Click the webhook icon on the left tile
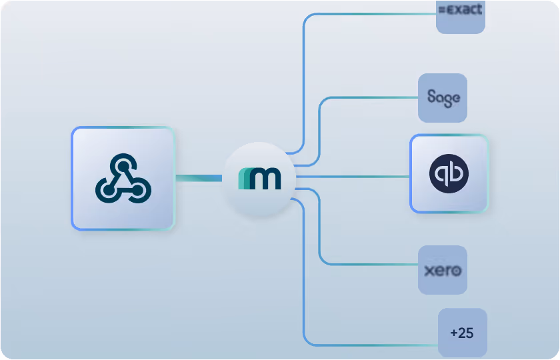pyautogui.click(x=123, y=179)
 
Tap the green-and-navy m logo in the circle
pyautogui.click(x=260, y=179)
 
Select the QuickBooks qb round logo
pyautogui.click(x=449, y=174)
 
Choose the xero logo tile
pyautogui.click(x=443, y=271)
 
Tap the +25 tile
pyautogui.click(x=463, y=333)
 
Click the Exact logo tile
pyautogui.click(x=460, y=13)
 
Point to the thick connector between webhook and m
pyautogui.click(x=198, y=178)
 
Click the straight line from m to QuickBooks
pyautogui.click(x=353, y=177)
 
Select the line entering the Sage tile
pyautogui.click(x=373, y=98)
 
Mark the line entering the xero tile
pyautogui.click(x=373, y=264)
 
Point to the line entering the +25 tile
pyautogui.click(x=373, y=345)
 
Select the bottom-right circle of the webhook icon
pyautogui.click(x=140, y=191)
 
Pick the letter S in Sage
pyautogui.click(x=431, y=97)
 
